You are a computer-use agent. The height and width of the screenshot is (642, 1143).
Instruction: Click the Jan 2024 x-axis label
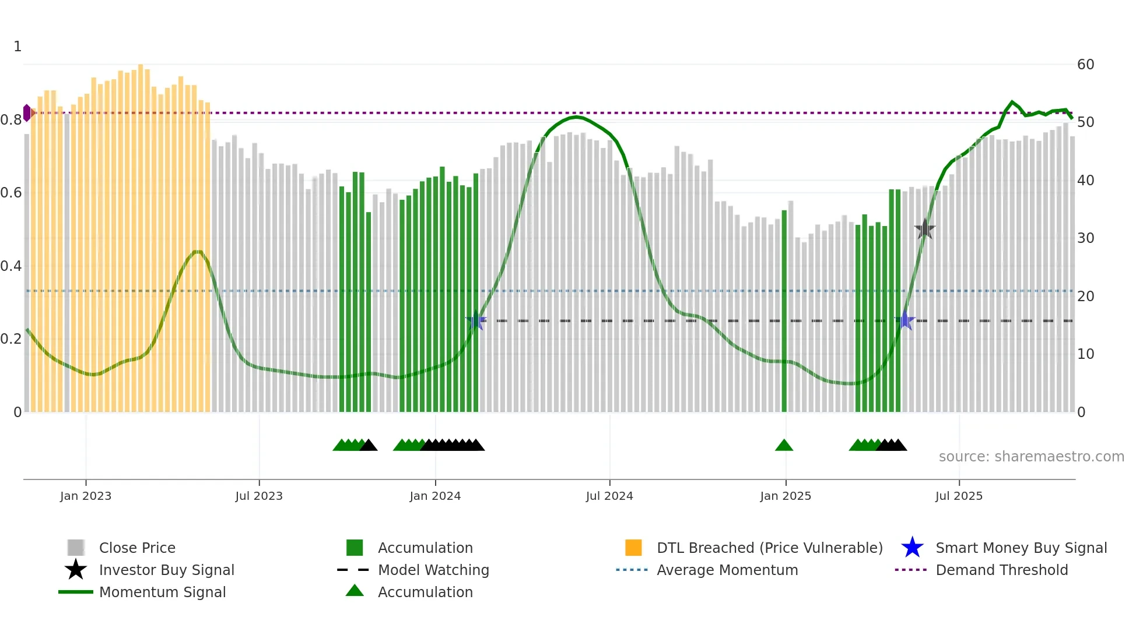pos(435,496)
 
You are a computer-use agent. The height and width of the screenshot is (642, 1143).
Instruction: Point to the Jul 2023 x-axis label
pos(259,496)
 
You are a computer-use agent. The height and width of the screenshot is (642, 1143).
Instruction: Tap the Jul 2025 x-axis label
pos(959,496)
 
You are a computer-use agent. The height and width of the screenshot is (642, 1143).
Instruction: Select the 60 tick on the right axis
pos(1085,65)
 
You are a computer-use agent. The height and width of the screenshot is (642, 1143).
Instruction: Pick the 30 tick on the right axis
pos(1085,238)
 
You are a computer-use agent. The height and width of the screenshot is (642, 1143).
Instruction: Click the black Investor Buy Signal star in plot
pos(924,229)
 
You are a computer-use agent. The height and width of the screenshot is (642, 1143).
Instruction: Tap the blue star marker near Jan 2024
pos(476,320)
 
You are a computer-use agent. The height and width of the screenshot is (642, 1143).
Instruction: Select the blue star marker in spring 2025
pos(905,320)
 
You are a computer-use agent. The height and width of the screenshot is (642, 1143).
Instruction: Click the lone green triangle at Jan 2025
pos(784,446)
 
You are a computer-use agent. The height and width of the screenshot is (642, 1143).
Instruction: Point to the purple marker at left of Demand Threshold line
pos(27,113)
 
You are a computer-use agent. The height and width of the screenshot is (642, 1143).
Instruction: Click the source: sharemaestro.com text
pos(1031,457)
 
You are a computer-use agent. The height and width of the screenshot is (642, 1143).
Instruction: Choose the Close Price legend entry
pos(137,548)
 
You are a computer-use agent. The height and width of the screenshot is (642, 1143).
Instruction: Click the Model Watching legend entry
pos(433,570)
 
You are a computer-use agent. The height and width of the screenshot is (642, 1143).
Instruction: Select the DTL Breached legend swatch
pos(633,548)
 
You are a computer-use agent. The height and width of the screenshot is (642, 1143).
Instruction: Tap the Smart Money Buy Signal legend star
pos(912,548)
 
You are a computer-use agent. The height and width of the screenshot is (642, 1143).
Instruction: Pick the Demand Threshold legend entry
pos(1001,570)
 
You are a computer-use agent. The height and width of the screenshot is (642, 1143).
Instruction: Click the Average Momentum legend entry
pos(727,570)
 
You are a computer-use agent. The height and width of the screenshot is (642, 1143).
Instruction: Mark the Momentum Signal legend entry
pos(162,592)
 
